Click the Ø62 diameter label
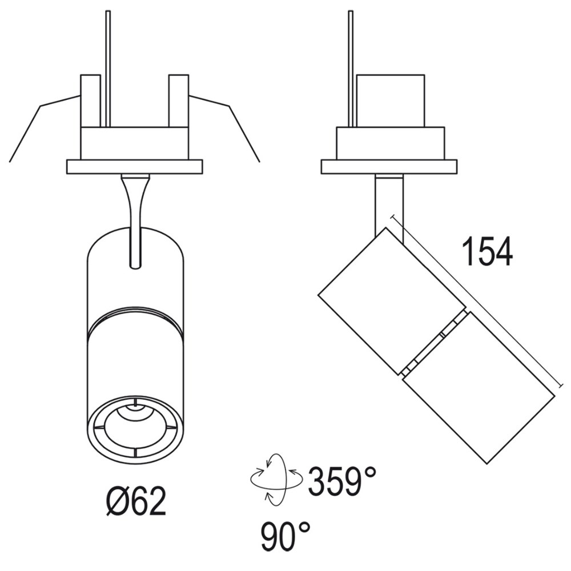click(x=136, y=502)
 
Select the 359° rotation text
click(x=343, y=481)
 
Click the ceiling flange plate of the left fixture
click(x=135, y=167)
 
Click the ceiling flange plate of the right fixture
click(x=389, y=167)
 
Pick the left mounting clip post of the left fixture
click(x=90, y=100)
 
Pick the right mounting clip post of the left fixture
click(x=178, y=100)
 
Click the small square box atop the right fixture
click(x=390, y=100)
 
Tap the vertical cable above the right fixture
click(x=351, y=69)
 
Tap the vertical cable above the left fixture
click(x=108, y=69)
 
